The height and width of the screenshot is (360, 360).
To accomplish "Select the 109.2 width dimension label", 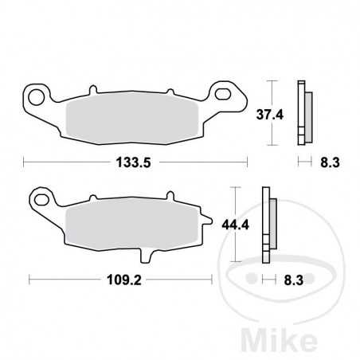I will tap(113, 280).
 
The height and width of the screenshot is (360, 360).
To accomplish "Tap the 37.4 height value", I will tap(289, 114).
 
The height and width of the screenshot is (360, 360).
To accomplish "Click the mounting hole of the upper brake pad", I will tap(36, 98).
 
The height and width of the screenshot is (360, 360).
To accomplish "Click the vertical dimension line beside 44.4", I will tap(237, 225).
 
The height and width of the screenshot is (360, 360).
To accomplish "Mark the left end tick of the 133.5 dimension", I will tap(24, 162).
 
